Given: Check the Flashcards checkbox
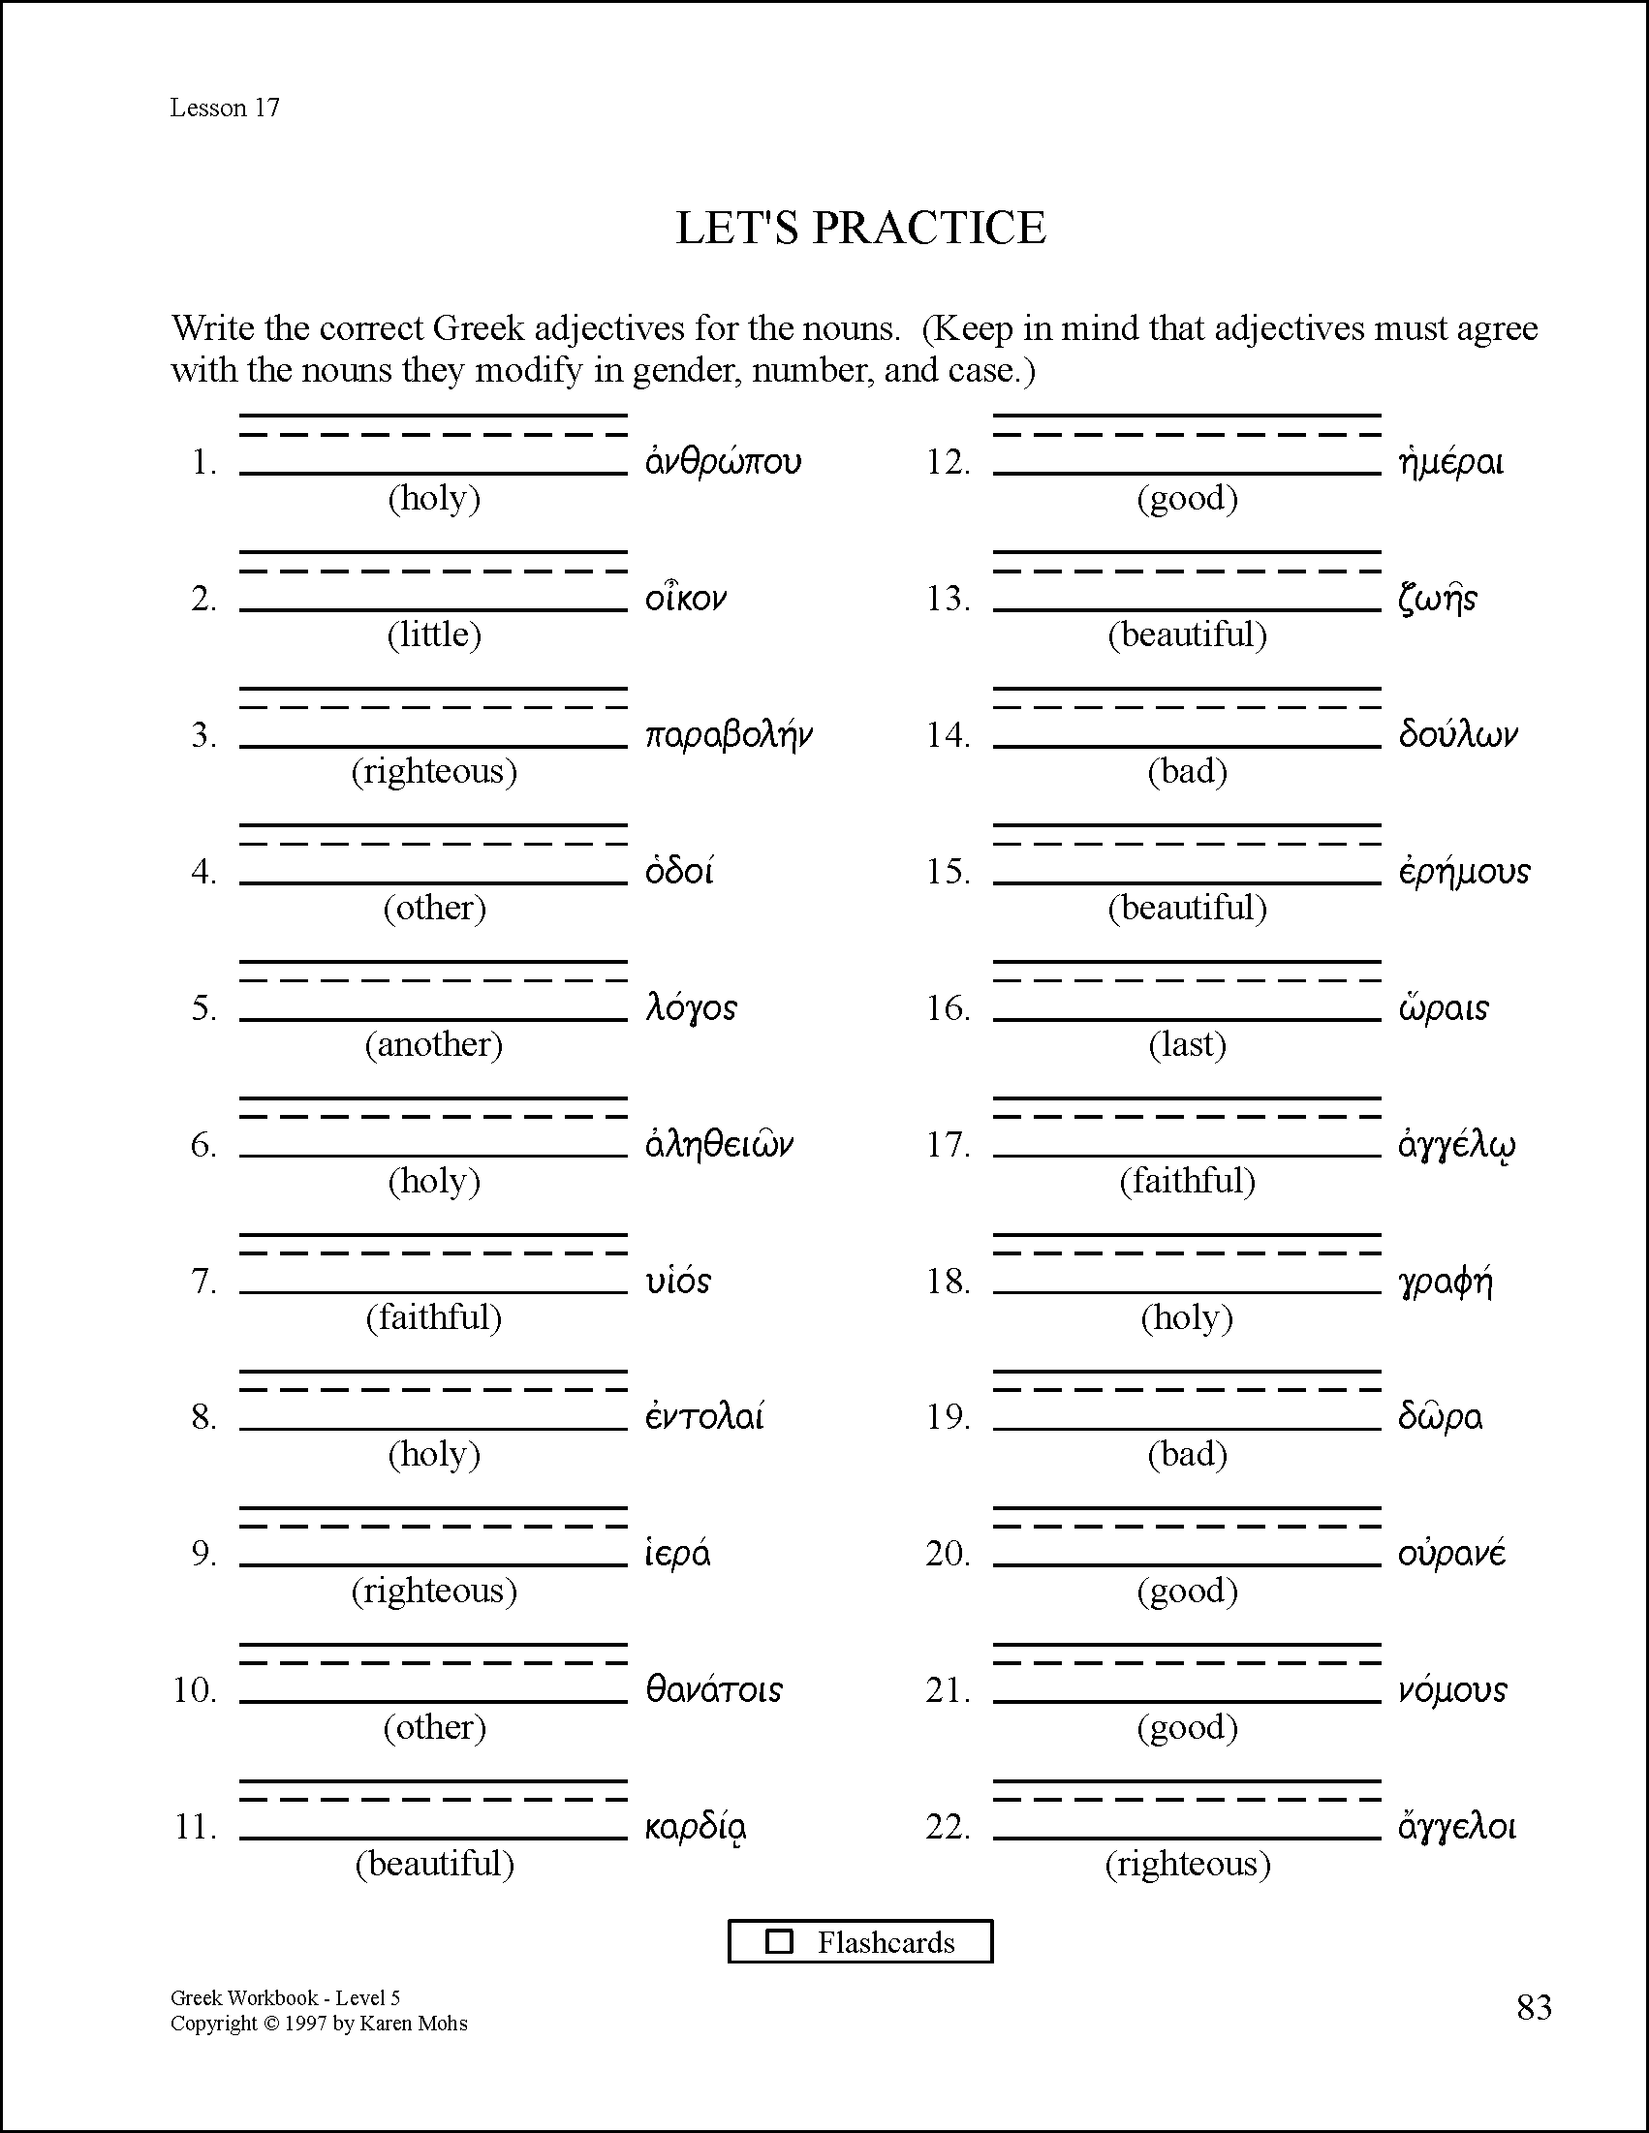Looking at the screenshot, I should click(779, 1941).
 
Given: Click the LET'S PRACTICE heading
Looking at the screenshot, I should click(860, 228).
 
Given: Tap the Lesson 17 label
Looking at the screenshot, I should click(225, 108).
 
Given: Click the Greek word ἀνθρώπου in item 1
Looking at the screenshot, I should click(723, 461).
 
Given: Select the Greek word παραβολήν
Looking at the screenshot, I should click(729, 734).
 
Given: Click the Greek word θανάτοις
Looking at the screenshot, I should click(714, 1689).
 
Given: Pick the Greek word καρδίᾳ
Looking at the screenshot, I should click(697, 1826).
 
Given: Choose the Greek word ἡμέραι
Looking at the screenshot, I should click(1450, 461).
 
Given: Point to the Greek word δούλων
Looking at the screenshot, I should click(1457, 734).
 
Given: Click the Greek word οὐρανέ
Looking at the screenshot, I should click(1451, 1553).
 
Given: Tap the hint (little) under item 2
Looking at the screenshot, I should click(434, 634).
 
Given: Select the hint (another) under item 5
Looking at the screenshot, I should click(434, 1045).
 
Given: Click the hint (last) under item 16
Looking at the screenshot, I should click(1187, 1045).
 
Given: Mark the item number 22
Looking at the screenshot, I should click(948, 1826).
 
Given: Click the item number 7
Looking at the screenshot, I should click(203, 1281).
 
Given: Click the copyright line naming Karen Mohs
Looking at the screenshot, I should click(319, 2024).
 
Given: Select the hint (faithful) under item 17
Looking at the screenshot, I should click(1187, 1182).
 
